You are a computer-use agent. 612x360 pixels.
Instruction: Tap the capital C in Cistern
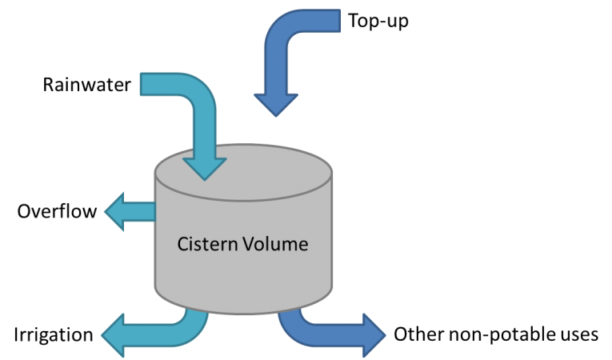[x=182, y=244]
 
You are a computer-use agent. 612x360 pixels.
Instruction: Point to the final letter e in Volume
[x=302, y=245]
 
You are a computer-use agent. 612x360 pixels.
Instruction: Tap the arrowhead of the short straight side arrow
[x=117, y=212]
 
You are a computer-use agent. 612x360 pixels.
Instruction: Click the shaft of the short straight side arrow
[x=144, y=212]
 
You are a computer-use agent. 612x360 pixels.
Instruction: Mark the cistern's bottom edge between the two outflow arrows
[x=242, y=312]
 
